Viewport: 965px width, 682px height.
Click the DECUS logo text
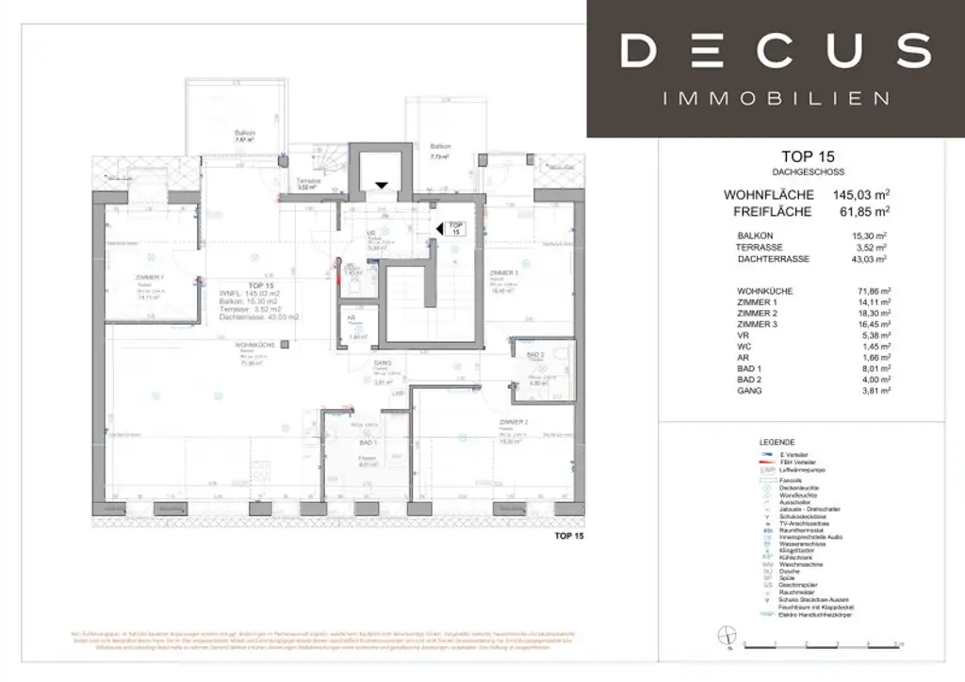point(776,50)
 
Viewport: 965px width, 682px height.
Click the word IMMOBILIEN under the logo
point(776,98)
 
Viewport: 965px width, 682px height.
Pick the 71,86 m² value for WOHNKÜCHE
point(868,291)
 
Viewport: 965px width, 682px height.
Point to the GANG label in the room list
point(750,389)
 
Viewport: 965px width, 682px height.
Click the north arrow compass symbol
point(727,634)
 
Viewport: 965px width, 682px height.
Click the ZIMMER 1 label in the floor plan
point(150,277)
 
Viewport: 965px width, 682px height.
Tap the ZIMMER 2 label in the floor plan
point(514,423)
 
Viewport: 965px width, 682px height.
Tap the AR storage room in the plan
point(355,327)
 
